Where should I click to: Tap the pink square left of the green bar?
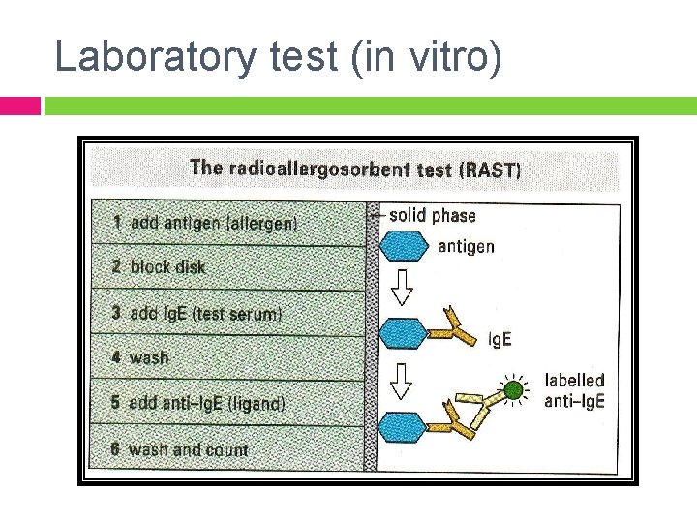click(x=19, y=106)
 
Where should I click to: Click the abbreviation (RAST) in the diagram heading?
click(x=490, y=170)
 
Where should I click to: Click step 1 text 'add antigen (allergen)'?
click(x=214, y=223)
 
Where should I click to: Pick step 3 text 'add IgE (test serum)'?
click(x=206, y=313)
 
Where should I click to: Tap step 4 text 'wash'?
click(x=149, y=358)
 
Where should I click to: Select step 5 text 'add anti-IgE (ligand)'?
click(x=207, y=403)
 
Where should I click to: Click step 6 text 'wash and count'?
click(x=188, y=449)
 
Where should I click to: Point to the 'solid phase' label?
click(x=432, y=215)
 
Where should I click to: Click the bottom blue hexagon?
click(x=403, y=426)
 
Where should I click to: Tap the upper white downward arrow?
click(x=402, y=286)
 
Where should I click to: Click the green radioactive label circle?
click(x=514, y=390)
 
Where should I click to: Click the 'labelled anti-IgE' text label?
click(x=574, y=391)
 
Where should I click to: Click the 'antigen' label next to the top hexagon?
click(x=466, y=246)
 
